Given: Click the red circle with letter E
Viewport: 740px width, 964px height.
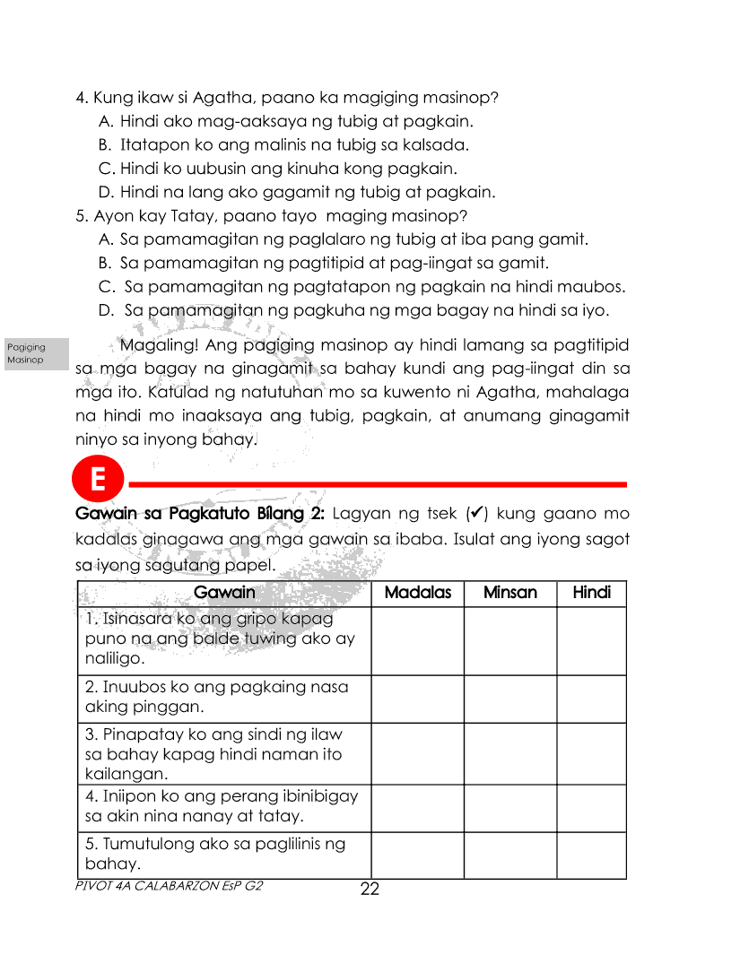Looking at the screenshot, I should coord(98,481).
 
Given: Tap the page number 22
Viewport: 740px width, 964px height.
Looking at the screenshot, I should coord(370,890).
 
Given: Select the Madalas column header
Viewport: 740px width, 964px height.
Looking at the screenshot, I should coord(417,593).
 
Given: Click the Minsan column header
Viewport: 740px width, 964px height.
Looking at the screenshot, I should coord(509,593).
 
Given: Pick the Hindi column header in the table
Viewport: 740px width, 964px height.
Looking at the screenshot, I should coord(591,593).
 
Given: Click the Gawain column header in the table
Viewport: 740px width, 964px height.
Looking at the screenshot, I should coord(224,593).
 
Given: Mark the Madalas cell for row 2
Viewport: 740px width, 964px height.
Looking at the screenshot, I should coord(417,699).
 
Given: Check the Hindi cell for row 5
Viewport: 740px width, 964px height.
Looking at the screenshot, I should coord(591,855).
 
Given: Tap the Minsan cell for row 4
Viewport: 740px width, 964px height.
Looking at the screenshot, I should coord(509,807).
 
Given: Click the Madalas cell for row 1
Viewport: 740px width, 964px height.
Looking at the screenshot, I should coord(417,640).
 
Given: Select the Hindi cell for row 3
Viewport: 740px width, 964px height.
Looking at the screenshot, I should coord(591,753).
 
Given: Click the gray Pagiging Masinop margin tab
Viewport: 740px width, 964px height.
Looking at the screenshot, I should coord(36,353).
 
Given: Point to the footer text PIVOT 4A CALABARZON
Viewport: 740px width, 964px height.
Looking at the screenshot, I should coord(170,884).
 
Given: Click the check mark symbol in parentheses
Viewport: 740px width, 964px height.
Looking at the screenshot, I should coord(477,514).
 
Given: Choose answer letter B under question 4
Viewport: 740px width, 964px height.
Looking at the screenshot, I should coord(104,144).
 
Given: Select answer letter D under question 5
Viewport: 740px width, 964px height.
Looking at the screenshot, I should coord(104,311).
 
